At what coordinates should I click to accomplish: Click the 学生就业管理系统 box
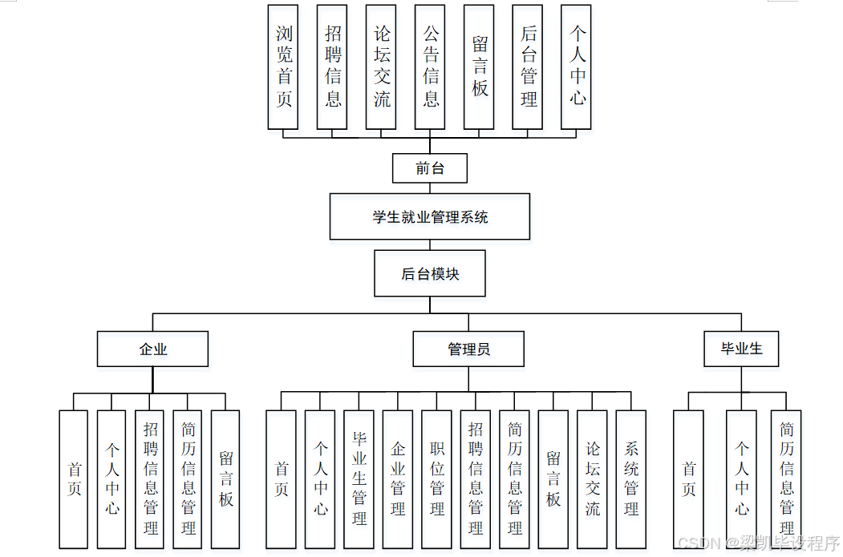click(x=430, y=216)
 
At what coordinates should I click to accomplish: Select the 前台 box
click(x=430, y=168)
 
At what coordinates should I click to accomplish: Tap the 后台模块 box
click(x=430, y=273)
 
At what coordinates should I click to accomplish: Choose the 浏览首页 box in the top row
click(x=283, y=67)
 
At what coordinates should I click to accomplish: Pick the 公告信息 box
click(x=430, y=67)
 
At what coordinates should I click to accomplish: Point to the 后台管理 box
click(x=528, y=67)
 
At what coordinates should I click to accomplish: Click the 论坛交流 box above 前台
click(x=381, y=67)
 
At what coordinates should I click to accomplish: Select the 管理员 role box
click(x=468, y=349)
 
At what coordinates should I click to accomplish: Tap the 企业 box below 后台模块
click(x=152, y=349)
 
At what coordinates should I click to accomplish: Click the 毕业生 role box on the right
click(x=742, y=349)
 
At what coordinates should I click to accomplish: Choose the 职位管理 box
click(x=436, y=478)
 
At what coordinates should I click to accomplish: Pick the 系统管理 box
click(x=631, y=478)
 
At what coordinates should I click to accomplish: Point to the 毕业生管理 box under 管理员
click(x=359, y=478)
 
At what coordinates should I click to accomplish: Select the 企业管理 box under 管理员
click(x=398, y=478)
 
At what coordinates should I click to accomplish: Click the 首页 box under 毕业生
click(x=688, y=478)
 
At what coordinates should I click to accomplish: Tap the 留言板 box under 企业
click(x=225, y=478)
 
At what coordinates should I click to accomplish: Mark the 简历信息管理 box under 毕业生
click(x=786, y=478)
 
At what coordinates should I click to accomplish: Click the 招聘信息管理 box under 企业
click(x=150, y=478)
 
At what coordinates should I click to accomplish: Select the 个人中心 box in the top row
click(x=577, y=67)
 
